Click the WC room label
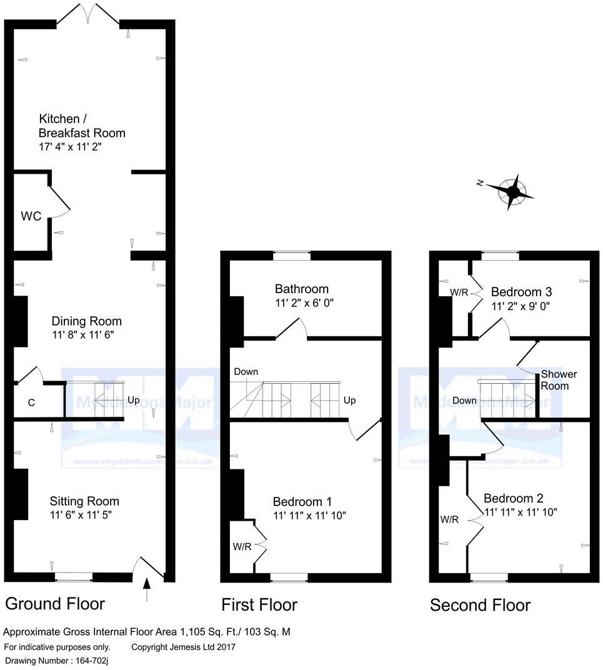point(31,216)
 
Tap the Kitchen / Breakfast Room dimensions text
point(69,147)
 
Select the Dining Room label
point(86,321)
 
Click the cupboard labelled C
point(31,402)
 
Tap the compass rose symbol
point(512,190)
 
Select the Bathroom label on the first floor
point(302,289)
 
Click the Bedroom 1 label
point(302,501)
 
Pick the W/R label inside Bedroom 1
point(242,546)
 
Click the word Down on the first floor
point(246,372)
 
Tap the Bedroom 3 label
point(521,292)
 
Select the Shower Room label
point(559,380)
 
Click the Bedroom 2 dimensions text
point(521,512)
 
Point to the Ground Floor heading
point(55,603)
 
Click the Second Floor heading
point(480,605)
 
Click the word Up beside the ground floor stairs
point(134,399)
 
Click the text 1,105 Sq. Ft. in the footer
point(211,632)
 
